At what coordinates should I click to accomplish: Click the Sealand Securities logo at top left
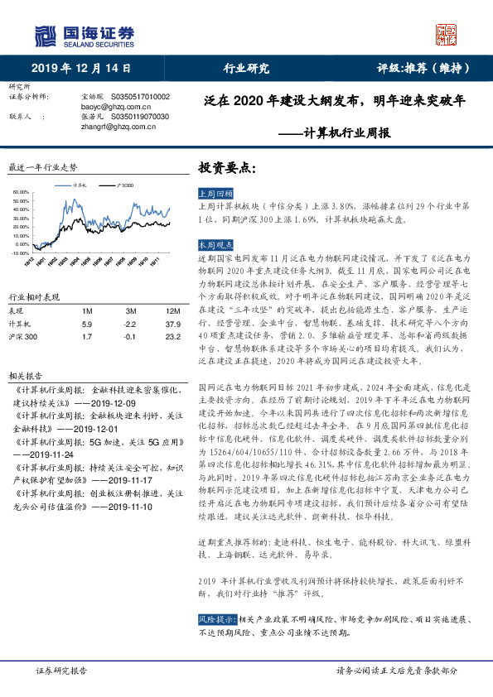[x=84, y=36]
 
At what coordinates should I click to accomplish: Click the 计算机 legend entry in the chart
[x=80, y=185]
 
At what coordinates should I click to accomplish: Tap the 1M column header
[x=88, y=311]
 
